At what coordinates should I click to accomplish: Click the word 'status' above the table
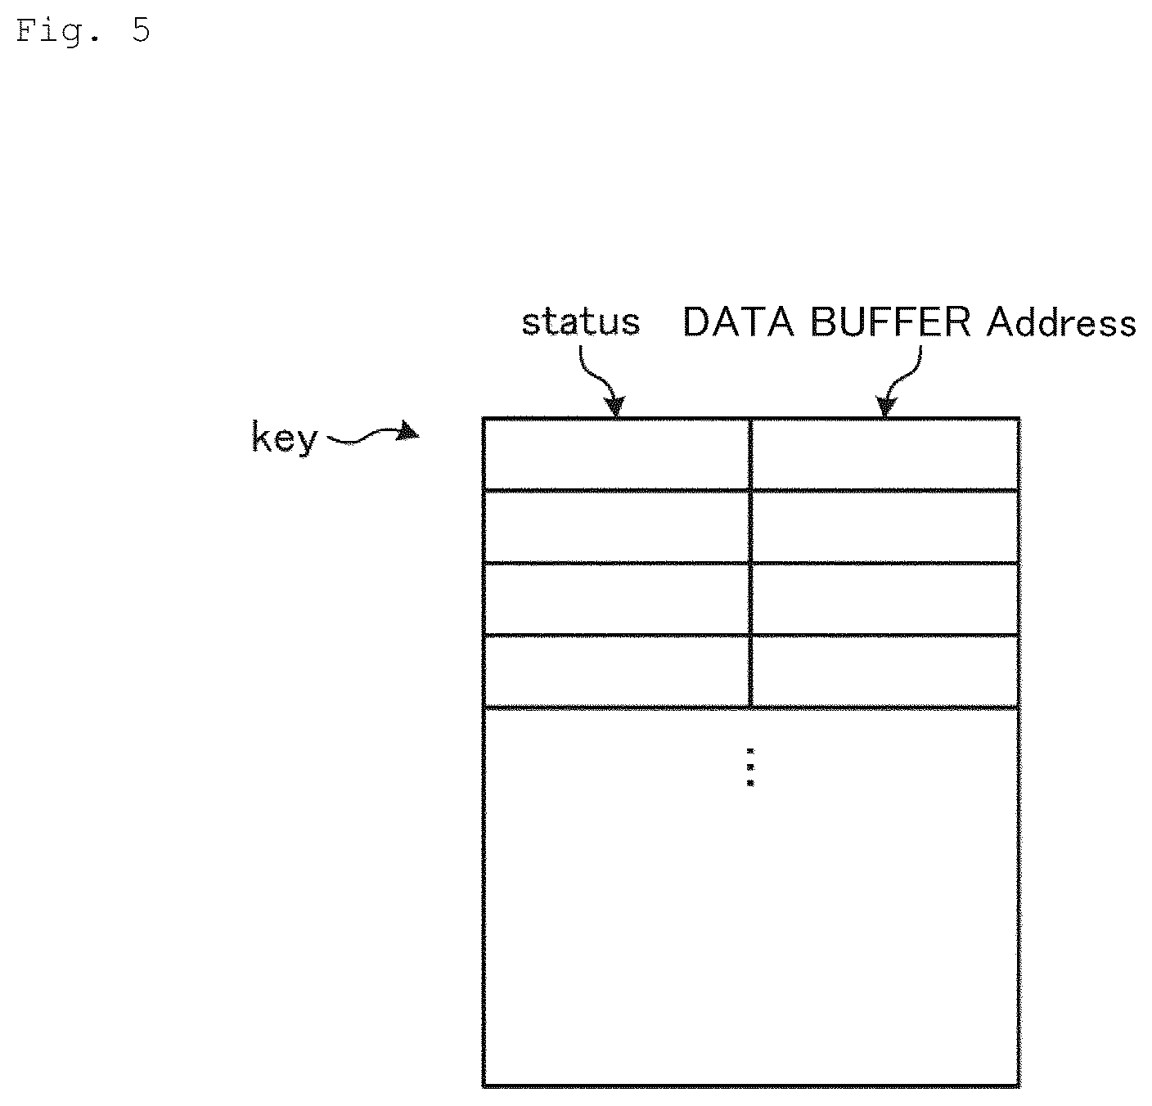(x=580, y=322)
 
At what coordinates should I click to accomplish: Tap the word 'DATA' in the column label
(x=738, y=322)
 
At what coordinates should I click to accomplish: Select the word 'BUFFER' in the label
(x=890, y=322)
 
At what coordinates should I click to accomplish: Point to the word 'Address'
(x=1061, y=323)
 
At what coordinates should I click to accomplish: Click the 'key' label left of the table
(x=285, y=438)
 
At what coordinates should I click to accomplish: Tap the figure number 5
(x=141, y=30)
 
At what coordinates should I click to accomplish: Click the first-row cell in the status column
(x=616, y=455)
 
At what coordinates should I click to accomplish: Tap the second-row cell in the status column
(x=616, y=527)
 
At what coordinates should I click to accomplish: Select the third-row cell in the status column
(x=616, y=599)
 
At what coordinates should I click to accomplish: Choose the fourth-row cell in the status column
(x=616, y=671)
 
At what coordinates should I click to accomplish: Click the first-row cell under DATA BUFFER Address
(x=885, y=455)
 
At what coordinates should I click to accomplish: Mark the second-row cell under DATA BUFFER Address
(x=885, y=527)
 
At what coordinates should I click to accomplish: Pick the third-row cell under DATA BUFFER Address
(x=885, y=599)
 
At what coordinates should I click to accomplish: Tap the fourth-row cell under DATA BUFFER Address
(x=885, y=671)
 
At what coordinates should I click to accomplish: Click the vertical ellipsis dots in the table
(x=750, y=767)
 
